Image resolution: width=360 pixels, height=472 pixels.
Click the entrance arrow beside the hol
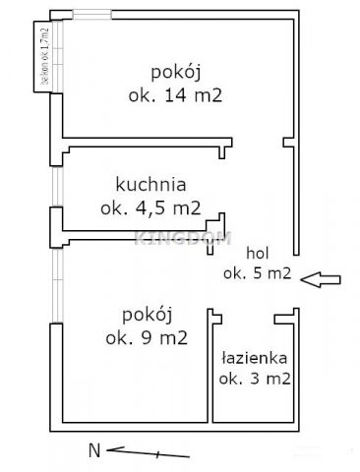[x=321, y=281]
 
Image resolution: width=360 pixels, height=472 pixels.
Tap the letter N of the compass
[x=94, y=451]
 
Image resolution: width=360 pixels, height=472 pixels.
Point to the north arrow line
[x=148, y=453]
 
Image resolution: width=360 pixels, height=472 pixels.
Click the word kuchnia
[x=150, y=184]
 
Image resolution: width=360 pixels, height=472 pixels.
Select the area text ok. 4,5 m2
[x=150, y=207]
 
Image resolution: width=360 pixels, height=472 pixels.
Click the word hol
[x=257, y=252]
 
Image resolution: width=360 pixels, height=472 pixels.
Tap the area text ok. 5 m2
[x=257, y=274]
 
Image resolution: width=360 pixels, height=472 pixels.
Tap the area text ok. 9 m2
[x=148, y=338]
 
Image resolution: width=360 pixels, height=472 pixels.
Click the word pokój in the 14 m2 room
[x=176, y=72]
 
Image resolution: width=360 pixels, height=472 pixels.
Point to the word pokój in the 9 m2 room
[x=148, y=315]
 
